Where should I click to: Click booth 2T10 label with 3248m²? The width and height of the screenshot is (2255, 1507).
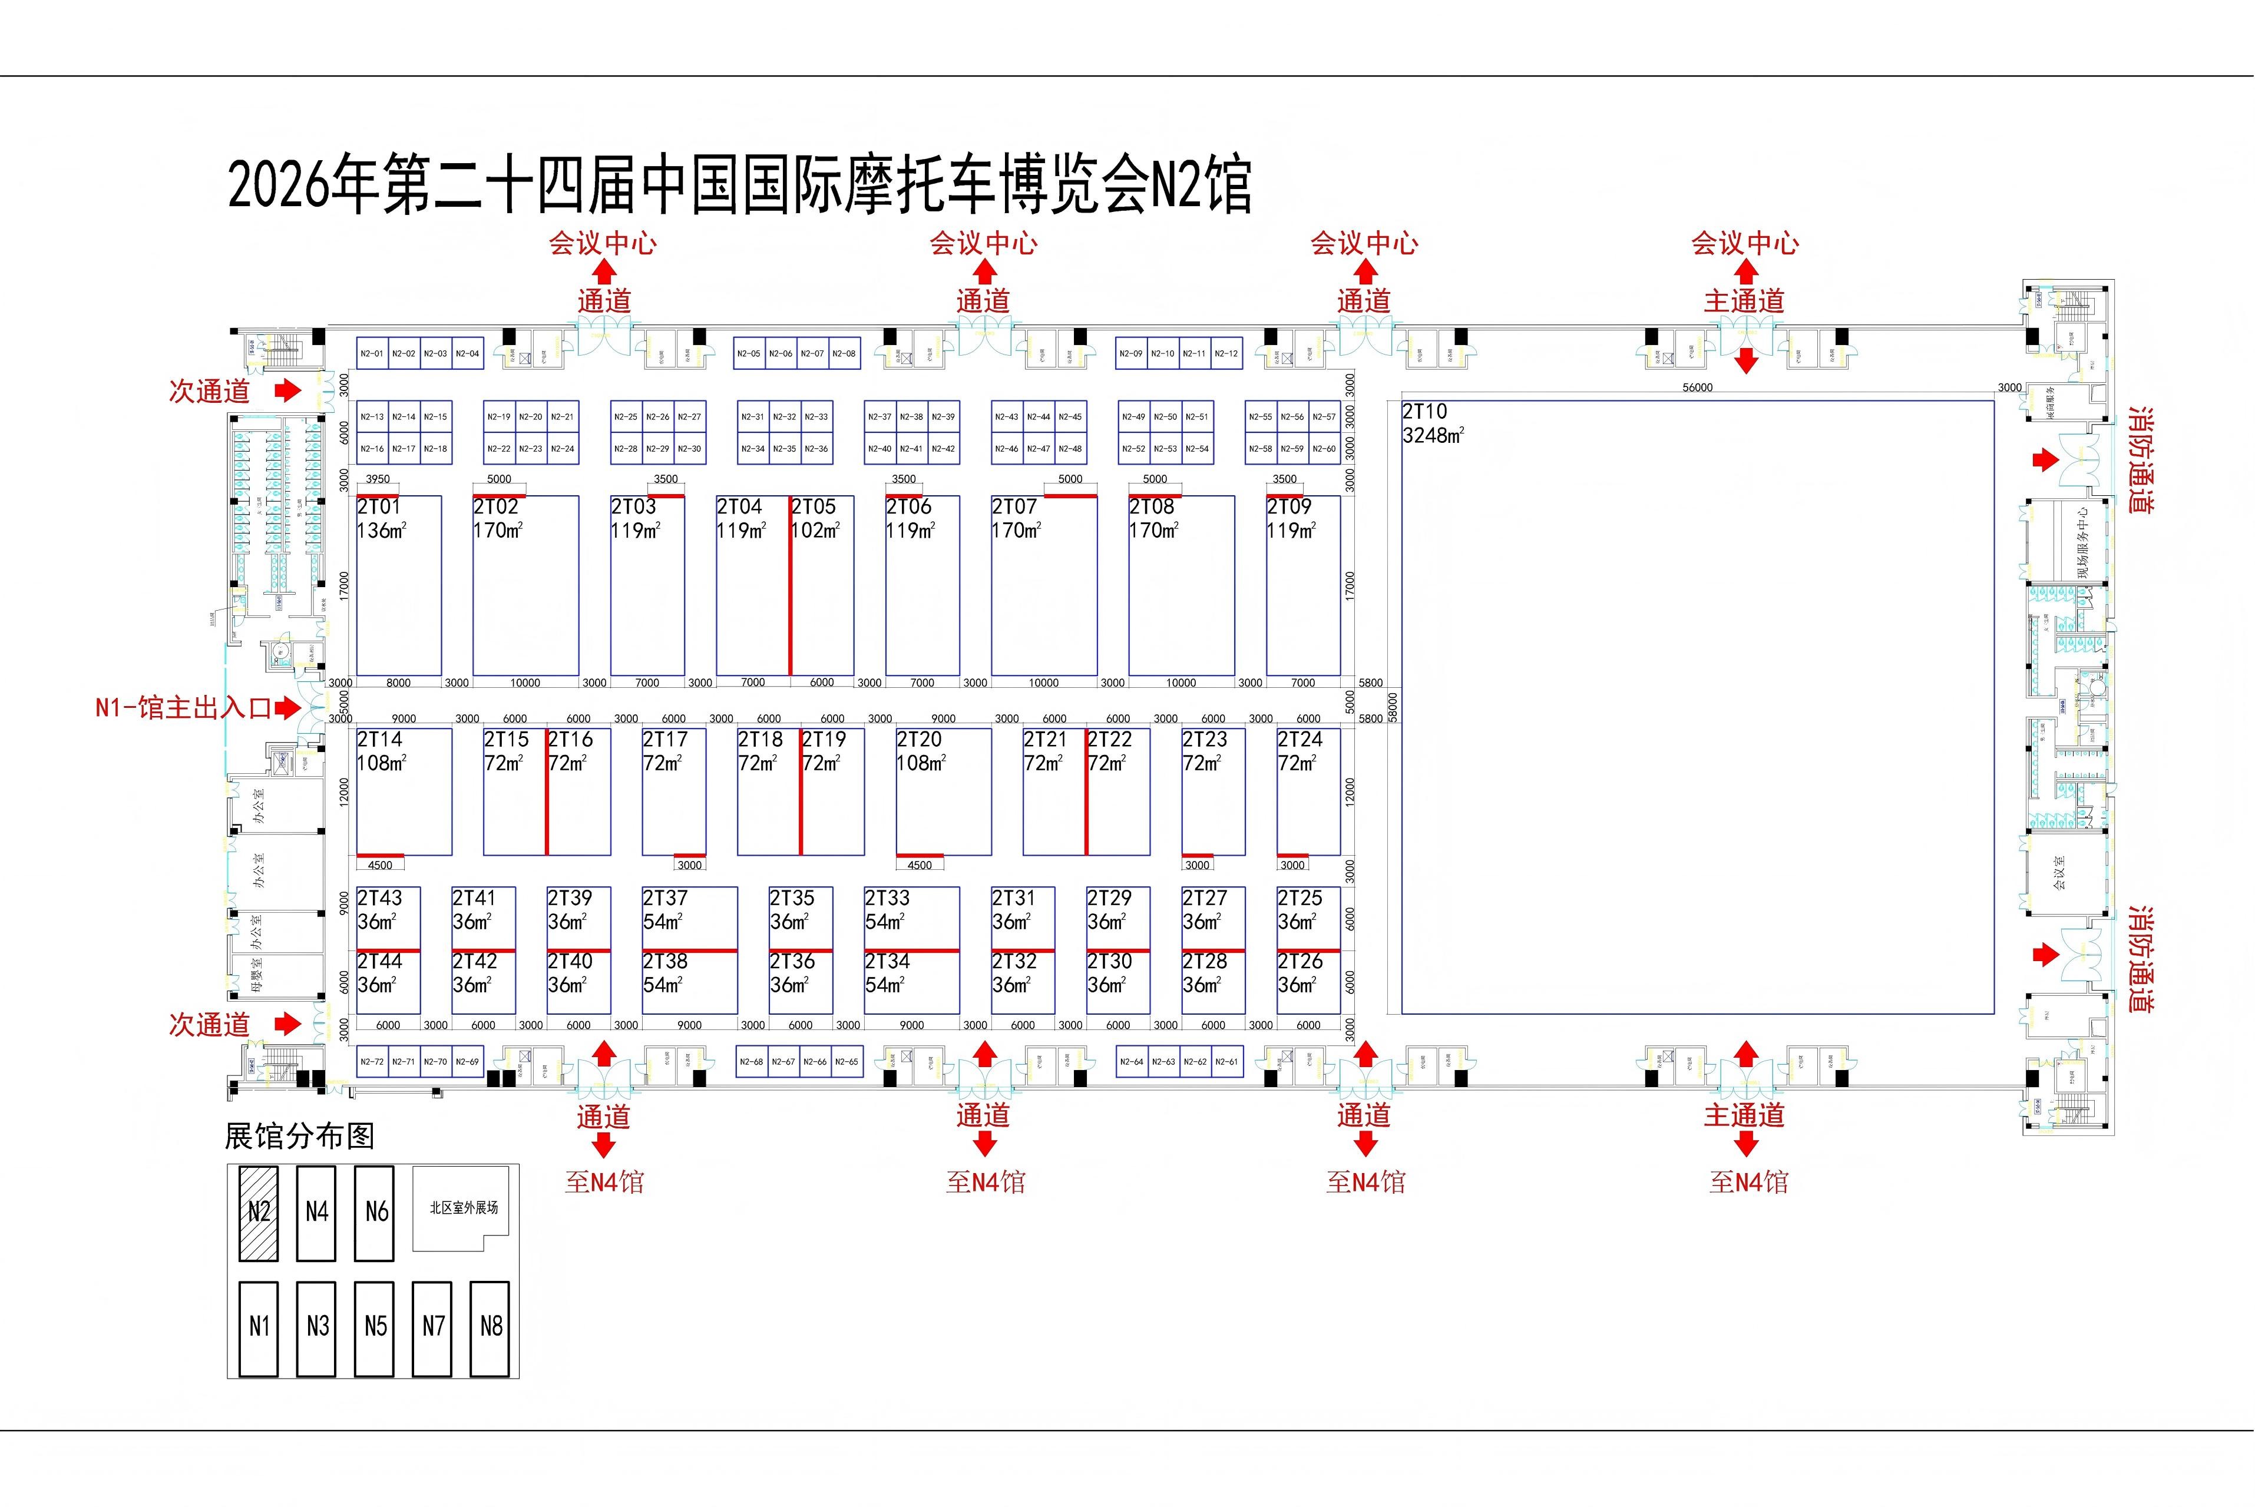pos(1432,423)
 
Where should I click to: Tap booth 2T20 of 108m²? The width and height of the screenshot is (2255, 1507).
pos(943,791)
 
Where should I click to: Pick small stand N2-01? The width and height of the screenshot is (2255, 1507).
pos(371,354)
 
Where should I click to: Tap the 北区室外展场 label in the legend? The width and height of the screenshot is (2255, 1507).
pos(464,1208)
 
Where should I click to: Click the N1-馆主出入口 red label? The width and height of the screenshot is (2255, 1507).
pos(183,708)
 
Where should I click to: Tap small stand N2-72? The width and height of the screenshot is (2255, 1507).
pos(371,1062)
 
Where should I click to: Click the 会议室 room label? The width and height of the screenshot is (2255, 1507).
pos(2059,873)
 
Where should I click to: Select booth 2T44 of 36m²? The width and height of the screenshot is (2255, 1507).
pos(388,982)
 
